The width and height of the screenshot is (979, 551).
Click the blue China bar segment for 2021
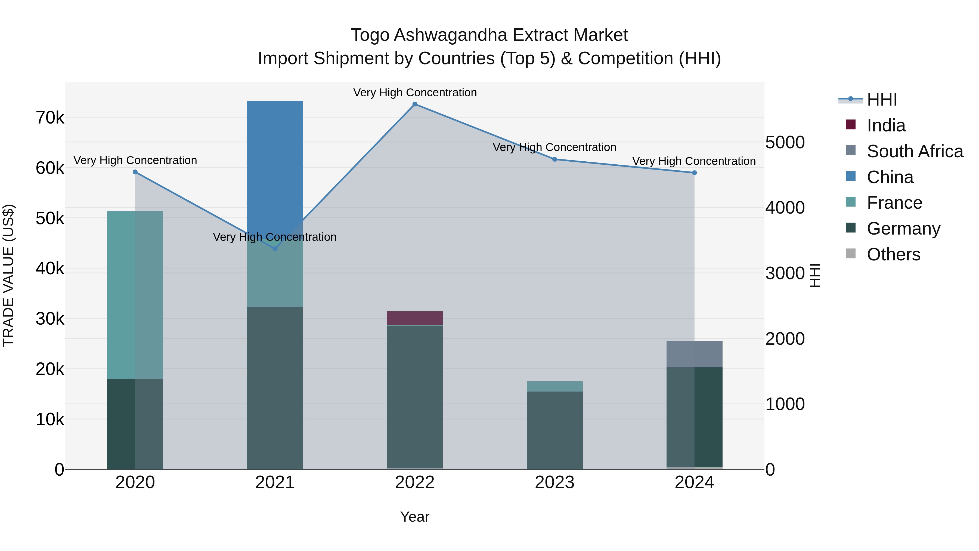tap(275, 164)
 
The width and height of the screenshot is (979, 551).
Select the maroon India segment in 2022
tap(415, 318)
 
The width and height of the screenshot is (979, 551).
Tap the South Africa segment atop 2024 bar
tap(694, 354)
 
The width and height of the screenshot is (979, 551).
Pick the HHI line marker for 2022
tap(415, 104)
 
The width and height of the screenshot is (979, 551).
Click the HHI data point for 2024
tap(694, 173)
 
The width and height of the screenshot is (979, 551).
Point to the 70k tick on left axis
tap(50, 118)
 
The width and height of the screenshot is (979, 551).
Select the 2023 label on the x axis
tap(554, 482)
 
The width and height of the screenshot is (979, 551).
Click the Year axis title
tap(415, 517)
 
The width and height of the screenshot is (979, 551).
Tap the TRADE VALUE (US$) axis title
tap(8, 275)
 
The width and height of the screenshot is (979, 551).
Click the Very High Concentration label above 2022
tap(415, 93)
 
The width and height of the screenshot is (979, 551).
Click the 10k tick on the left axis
tap(50, 419)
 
